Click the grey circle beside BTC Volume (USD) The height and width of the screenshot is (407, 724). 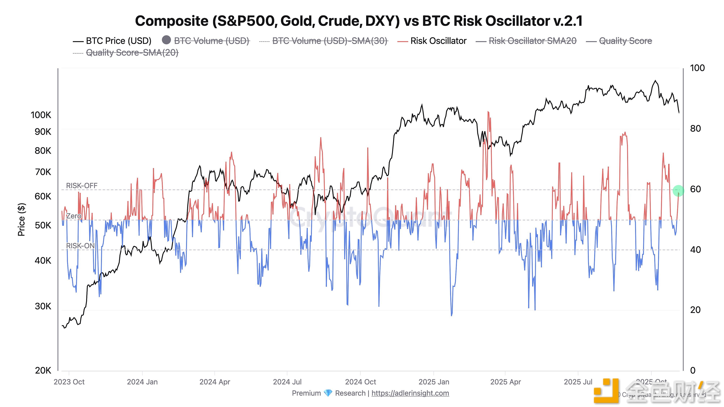click(x=166, y=40)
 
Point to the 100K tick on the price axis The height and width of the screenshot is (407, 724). click(x=41, y=115)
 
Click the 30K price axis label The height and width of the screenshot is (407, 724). click(x=43, y=306)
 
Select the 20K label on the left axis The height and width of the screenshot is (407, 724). click(x=43, y=370)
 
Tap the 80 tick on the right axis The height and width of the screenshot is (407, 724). click(x=695, y=129)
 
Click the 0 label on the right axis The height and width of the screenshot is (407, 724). click(x=693, y=370)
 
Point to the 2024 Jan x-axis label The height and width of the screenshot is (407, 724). click(x=142, y=382)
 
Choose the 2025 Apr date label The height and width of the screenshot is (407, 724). click(x=505, y=382)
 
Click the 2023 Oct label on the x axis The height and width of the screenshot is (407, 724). click(x=69, y=382)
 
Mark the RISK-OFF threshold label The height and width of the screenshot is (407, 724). click(x=81, y=186)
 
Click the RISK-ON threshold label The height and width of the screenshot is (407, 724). click(x=80, y=246)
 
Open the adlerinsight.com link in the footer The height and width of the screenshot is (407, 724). click(x=410, y=393)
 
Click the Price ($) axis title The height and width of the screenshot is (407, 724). click(x=22, y=219)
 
